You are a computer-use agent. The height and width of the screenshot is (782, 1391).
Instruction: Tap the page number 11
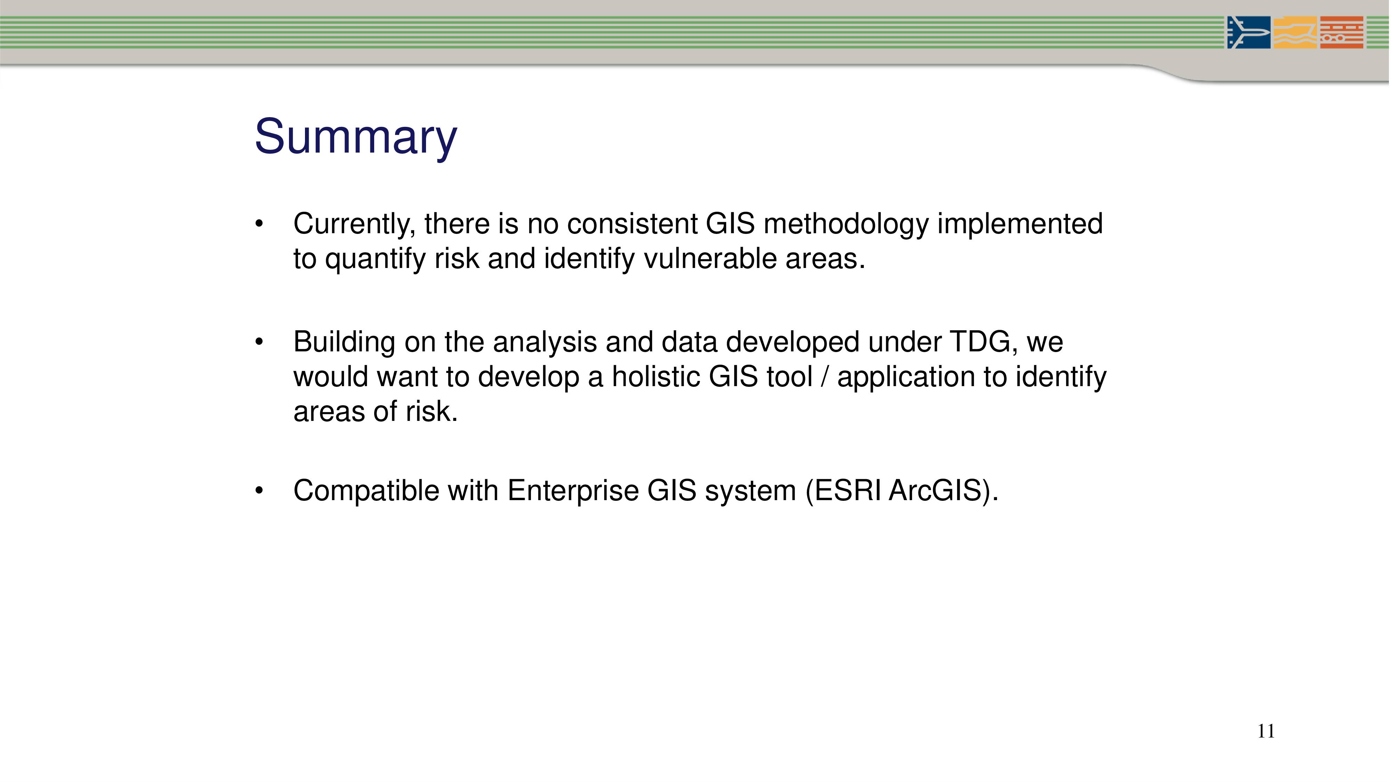pyautogui.click(x=1266, y=731)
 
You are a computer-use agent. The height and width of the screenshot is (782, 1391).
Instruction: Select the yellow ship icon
pyautogui.click(x=1295, y=32)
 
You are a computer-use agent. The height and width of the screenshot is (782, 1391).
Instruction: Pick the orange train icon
pyautogui.click(x=1342, y=32)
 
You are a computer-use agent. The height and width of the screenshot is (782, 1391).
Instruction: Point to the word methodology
pyautogui.click(x=846, y=225)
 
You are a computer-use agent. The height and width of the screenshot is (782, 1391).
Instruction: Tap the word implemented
pyautogui.click(x=1020, y=225)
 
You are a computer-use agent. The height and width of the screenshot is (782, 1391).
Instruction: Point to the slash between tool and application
pyautogui.click(x=825, y=377)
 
